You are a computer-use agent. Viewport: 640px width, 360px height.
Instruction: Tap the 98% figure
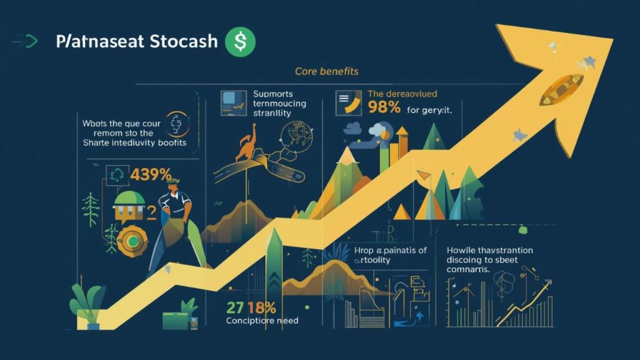pos(384,106)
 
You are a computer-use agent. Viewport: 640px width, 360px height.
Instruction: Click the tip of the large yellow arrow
pos(609,39)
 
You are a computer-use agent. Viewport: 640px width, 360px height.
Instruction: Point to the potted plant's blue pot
pos(94,325)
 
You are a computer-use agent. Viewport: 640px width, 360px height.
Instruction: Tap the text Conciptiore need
pos(262,321)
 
